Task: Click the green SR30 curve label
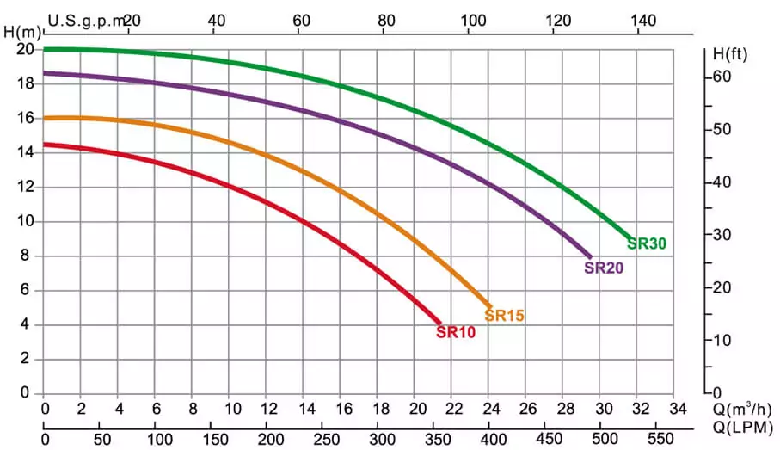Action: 647,243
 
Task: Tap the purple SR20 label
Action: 604,268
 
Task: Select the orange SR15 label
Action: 504,316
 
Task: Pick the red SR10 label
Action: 456,332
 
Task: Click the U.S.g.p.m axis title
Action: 87,19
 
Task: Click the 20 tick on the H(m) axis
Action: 25,49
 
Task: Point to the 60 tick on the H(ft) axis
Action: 720,77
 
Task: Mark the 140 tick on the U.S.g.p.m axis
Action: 639,19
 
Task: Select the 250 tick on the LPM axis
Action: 323,437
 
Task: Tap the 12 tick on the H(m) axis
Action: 25,187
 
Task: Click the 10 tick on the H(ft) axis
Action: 720,340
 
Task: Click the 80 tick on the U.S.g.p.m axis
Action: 387,19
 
